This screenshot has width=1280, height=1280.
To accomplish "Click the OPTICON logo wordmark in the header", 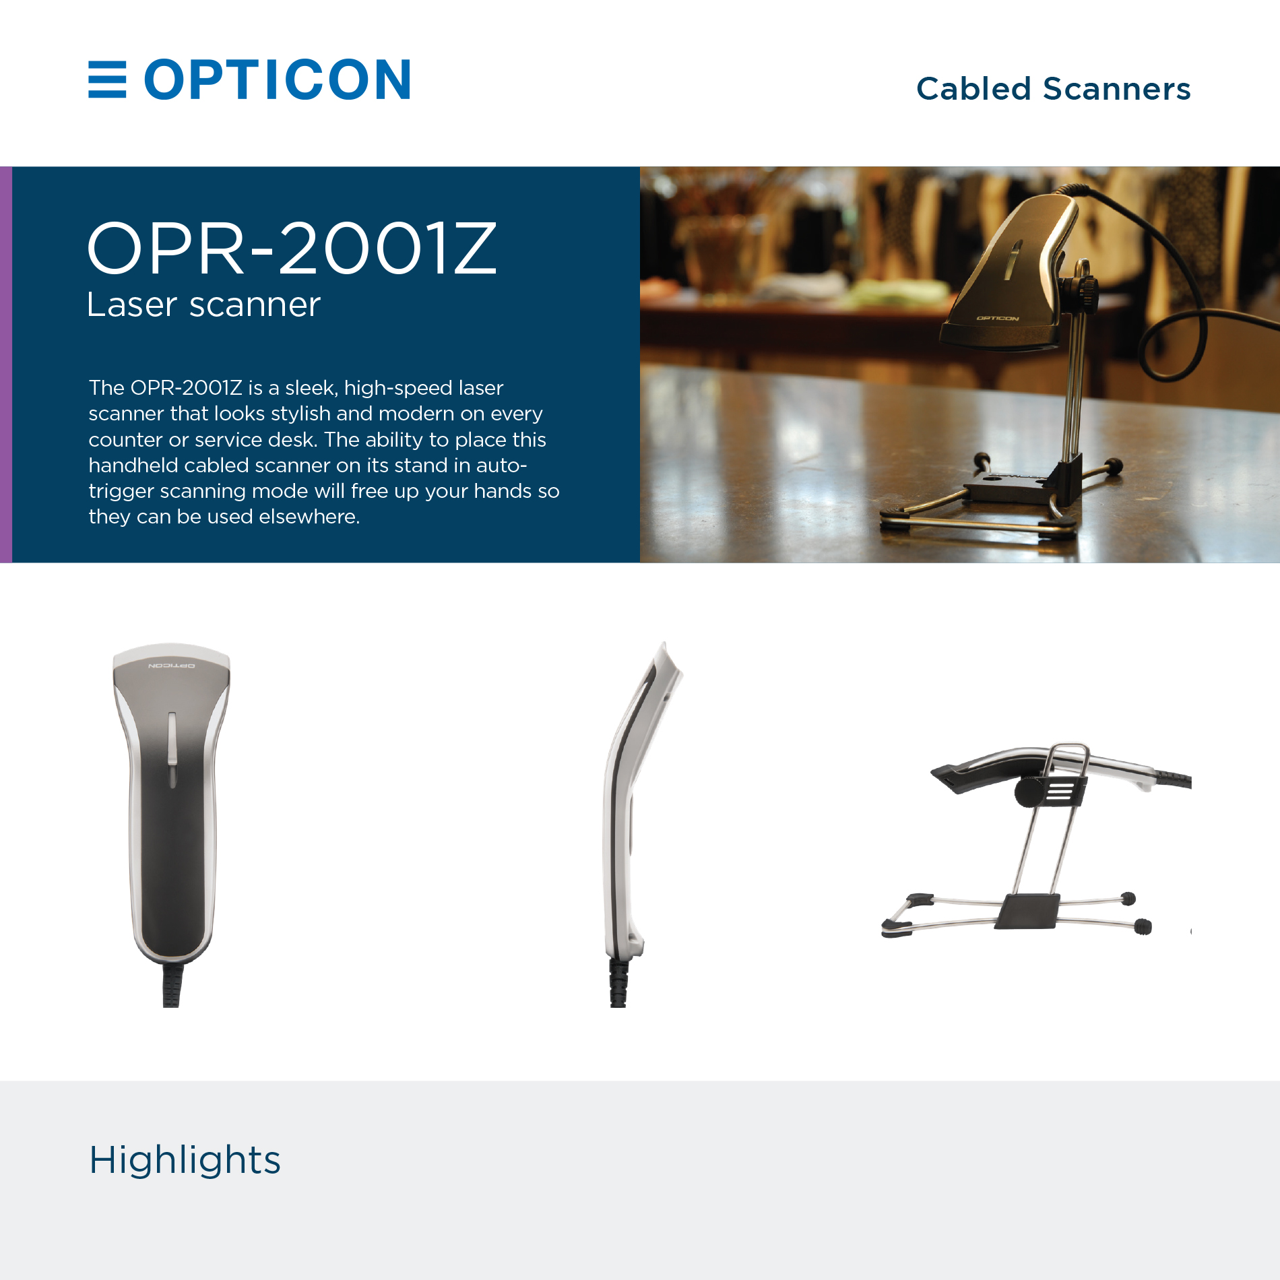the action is click(277, 79).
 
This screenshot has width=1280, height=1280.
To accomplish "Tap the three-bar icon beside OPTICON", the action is click(107, 79).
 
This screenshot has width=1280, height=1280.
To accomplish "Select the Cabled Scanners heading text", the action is click(1053, 89).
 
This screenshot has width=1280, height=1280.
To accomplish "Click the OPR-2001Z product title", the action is click(292, 249).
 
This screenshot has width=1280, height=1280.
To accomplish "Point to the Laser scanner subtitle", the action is click(203, 305).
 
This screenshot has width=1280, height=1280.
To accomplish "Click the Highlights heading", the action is click(185, 1160).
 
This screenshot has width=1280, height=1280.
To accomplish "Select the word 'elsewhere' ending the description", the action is click(309, 517).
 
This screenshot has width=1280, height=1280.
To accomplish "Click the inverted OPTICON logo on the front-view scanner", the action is click(172, 666).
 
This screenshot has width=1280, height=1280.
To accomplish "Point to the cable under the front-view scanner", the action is click(171, 985).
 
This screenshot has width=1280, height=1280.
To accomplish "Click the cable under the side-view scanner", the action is click(618, 982).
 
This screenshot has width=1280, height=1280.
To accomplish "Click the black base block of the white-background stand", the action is click(1027, 911).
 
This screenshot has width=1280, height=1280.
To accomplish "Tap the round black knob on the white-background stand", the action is click(1029, 792).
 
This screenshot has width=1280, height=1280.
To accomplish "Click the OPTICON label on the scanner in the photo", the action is click(998, 318).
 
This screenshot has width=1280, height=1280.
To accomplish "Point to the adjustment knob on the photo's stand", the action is click(1084, 290).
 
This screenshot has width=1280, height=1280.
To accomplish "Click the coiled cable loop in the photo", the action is click(1172, 344).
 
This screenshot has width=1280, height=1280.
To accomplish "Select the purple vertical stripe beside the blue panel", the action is click(6, 364).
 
